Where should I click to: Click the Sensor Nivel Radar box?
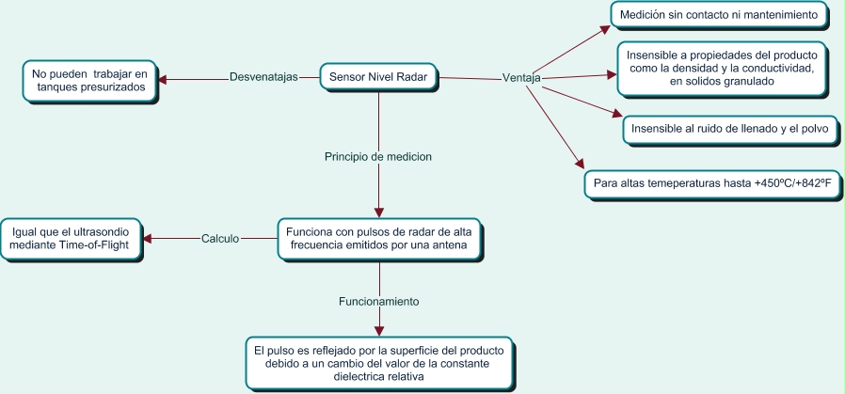coord(378,77)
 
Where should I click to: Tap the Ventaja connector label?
coord(521,78)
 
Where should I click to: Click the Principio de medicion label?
coord(378,156)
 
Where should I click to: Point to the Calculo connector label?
coord(220,238)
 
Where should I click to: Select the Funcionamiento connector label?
coord(378,302)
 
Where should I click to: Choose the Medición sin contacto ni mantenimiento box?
coord(720,15)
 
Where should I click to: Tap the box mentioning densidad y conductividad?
coord(722,69)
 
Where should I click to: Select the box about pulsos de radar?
coord(378,238)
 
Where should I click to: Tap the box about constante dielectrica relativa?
coord(378,361)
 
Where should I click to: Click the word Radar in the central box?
coord(411,77)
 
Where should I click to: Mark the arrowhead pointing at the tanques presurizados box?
coord(162,79)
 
